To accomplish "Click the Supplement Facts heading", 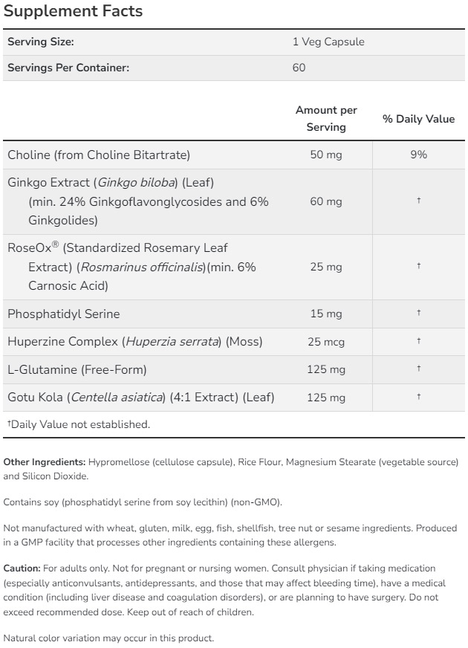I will point(74,12).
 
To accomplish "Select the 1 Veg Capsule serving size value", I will point(328,42).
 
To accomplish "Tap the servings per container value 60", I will point(299,68).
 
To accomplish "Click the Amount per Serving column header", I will point(326,118).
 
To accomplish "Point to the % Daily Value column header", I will point(418,119).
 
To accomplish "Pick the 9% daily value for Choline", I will point(418,155).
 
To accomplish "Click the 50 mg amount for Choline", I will point(326,155).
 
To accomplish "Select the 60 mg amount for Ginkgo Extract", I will point(326,201).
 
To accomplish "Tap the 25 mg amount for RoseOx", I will point(326,267).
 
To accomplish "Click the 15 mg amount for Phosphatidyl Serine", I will point(326,314).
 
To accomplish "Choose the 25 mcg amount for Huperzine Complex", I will point(326,342).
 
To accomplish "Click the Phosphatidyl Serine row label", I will point(64,314).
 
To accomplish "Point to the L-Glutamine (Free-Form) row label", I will point(77,369).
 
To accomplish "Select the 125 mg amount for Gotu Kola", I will point(326,398).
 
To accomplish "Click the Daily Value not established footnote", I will point(79,424).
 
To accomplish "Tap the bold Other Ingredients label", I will point(45,462).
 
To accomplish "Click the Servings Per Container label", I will point(68,68).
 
